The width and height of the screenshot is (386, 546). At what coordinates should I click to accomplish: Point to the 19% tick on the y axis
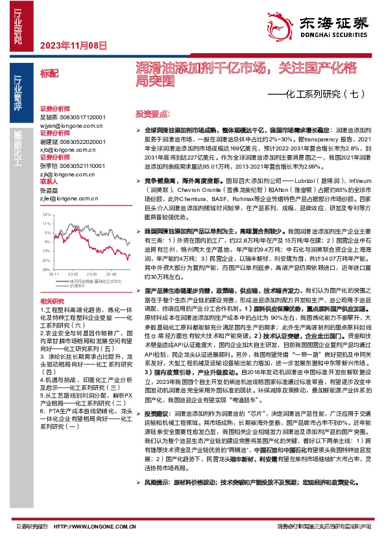coord(45,213)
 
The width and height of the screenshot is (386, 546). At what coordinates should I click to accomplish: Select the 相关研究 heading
coord(51,302)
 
